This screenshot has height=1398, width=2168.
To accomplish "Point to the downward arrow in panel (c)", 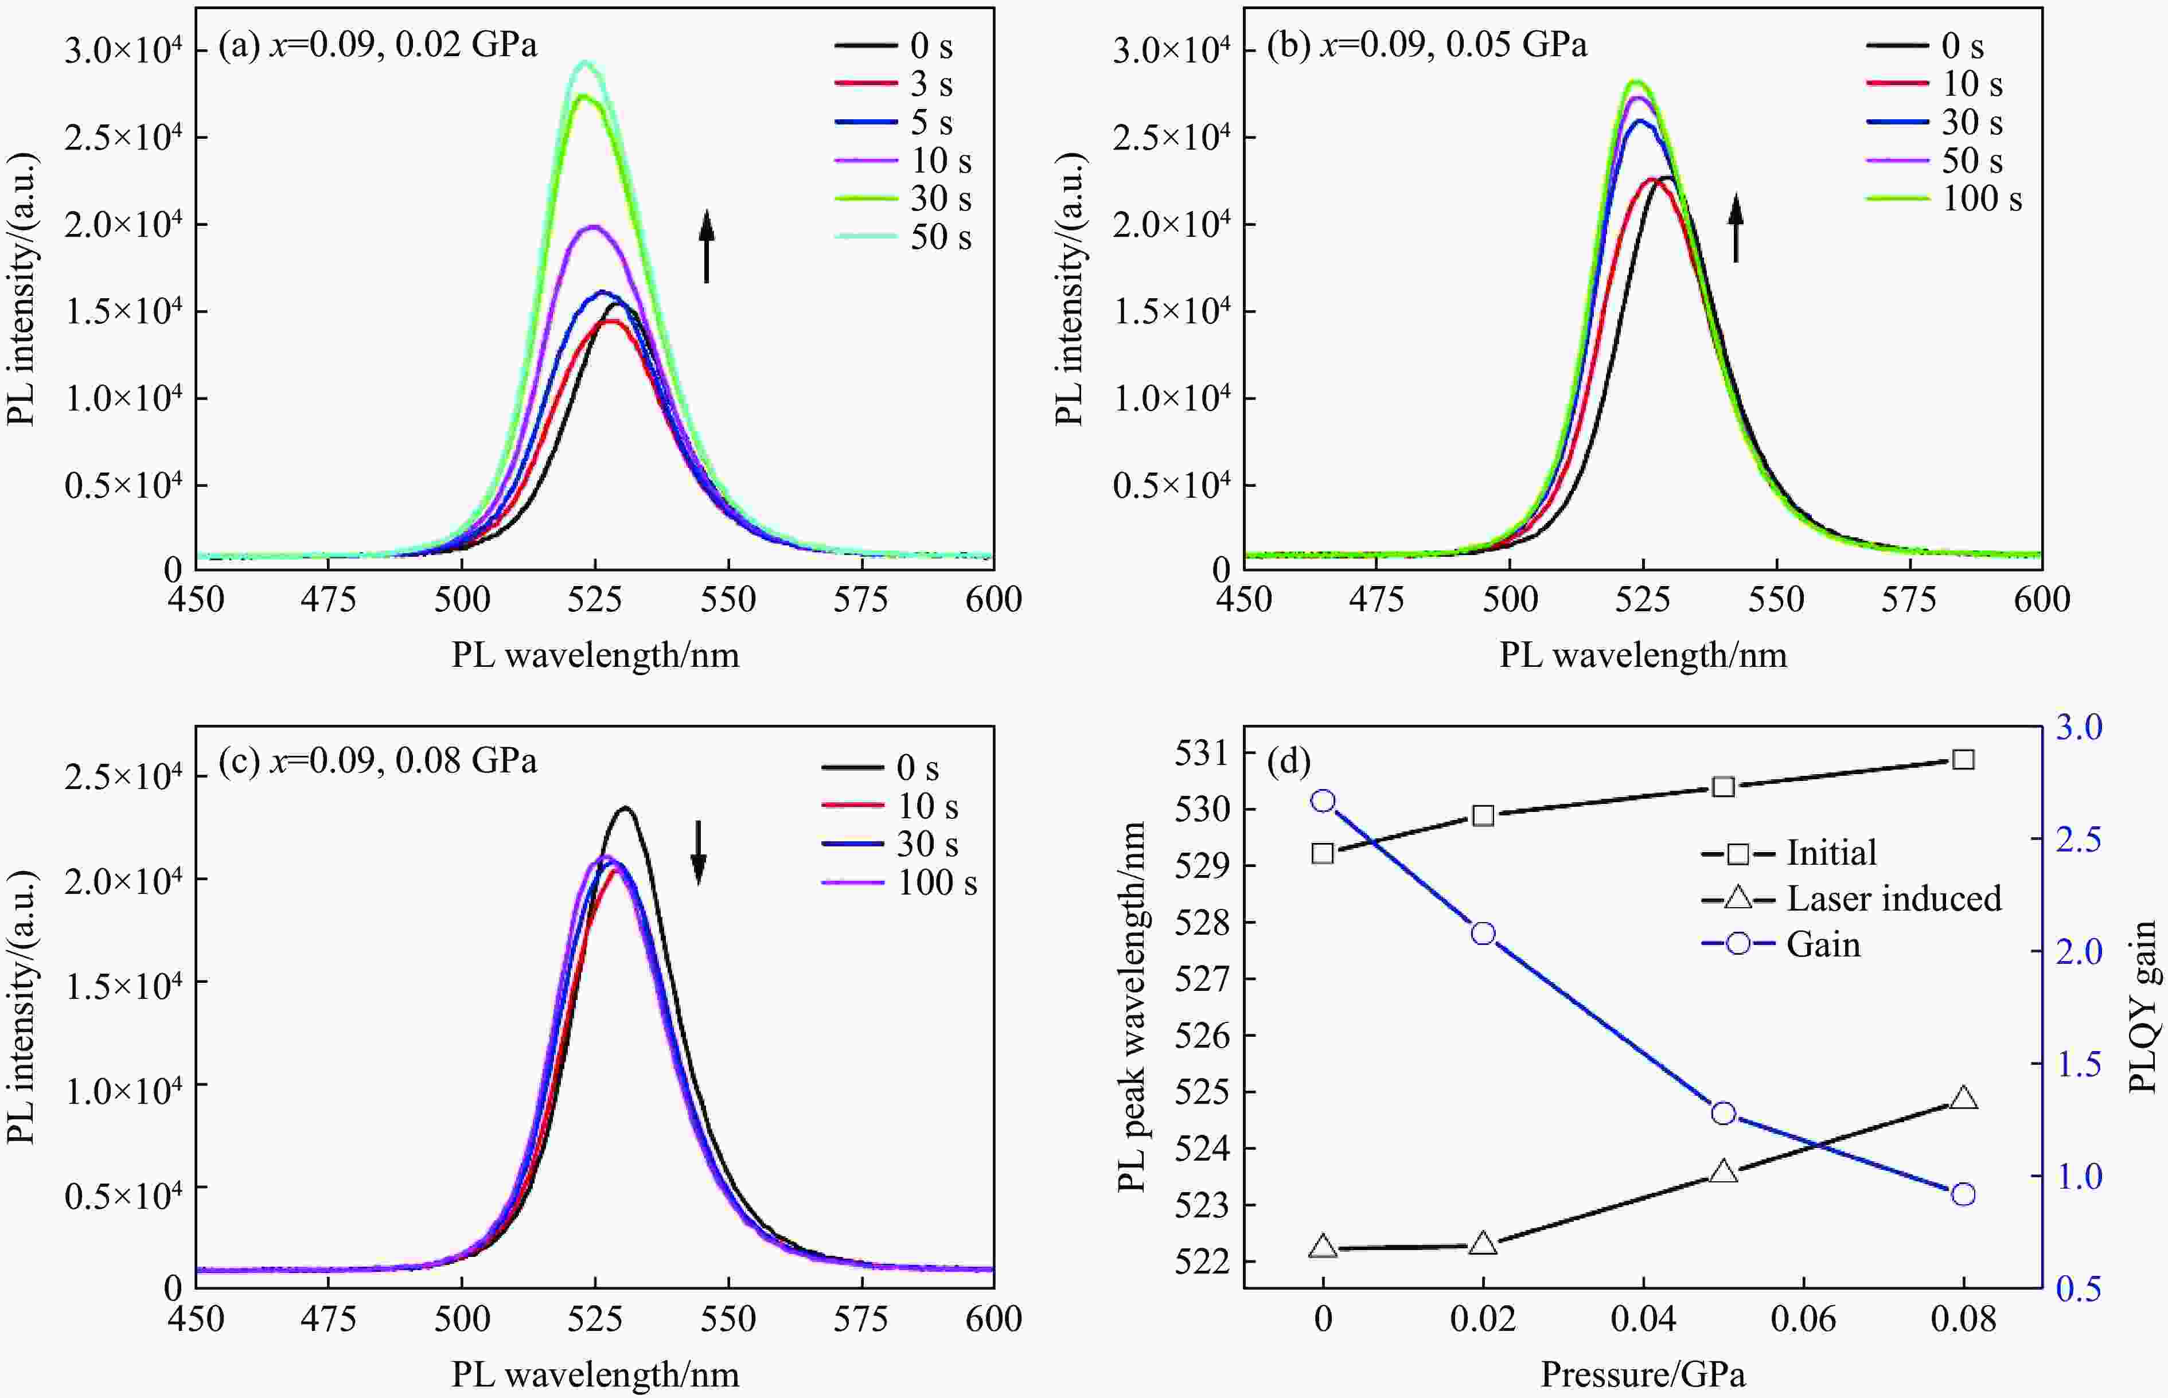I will tap(698, 852).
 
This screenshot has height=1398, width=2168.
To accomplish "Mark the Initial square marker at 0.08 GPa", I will tap(1963, 759).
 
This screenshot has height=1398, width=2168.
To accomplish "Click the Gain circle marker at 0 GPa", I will tap(1323, 800).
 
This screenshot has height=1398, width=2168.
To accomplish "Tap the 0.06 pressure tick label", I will tap(1803, 1319).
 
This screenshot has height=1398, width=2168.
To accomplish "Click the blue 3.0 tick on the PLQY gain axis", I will tap(2078, 727).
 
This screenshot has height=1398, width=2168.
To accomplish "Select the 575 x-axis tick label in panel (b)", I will tap(1909, 599).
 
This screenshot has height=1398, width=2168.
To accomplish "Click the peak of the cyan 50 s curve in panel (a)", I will tap(586, 62).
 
